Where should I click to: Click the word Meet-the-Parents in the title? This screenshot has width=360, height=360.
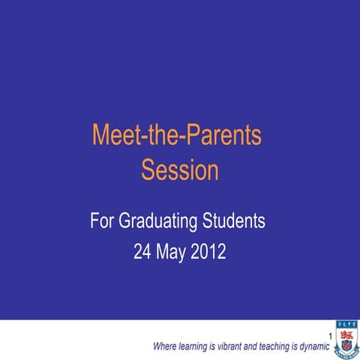click(177, 136)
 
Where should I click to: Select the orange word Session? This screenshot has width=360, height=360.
click(180, 170)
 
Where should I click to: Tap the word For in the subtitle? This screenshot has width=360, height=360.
click(103, 222)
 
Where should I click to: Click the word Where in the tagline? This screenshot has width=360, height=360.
click(164, 346)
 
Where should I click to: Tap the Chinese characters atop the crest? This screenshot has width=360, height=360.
click(346, 325)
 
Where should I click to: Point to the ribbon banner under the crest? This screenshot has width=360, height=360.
click(346, 353)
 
